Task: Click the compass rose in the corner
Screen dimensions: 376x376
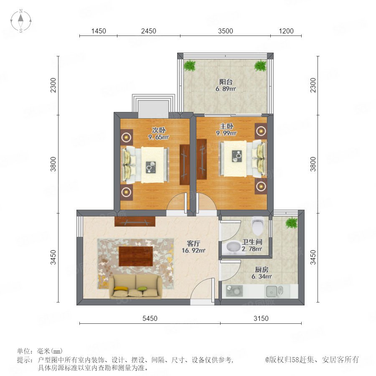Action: point(21,21)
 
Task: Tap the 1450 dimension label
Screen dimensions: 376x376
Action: point(99,31)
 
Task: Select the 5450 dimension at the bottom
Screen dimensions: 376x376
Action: point(150,318)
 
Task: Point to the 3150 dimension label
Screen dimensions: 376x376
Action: point(261,318)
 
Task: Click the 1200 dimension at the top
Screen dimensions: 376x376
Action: point(286,31)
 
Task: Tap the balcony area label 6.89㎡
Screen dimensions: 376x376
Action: point(226,89)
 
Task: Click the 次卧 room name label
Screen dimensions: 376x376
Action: point(158,130)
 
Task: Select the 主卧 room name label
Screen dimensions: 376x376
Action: point(226,126)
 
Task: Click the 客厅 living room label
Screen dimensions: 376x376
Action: point(193,244)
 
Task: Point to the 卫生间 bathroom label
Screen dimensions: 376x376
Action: point(252,242)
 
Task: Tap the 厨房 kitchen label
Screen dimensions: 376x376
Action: point(262,269)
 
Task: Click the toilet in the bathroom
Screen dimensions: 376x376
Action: point(257,226)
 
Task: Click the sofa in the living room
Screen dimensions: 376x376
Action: point(135,287)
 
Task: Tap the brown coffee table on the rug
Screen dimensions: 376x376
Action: point(136,257)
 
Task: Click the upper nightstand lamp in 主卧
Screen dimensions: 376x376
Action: point(261,131)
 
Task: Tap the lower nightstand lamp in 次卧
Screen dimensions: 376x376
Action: point(126,192)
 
